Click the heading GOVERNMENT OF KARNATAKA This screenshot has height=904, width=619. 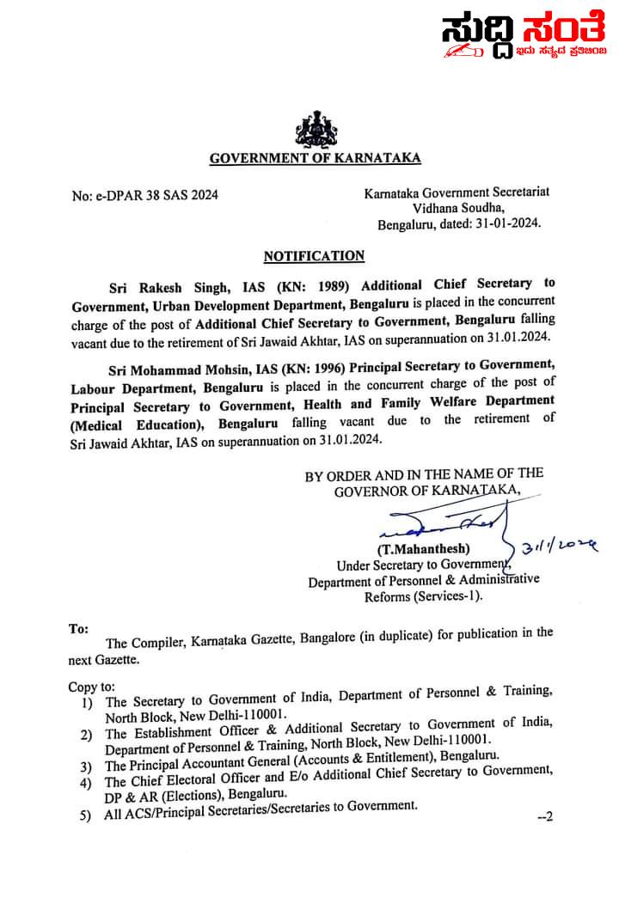pos(316,157)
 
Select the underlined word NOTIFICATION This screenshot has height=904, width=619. pos(314,255)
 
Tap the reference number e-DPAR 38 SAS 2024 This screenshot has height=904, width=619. pos(145,195)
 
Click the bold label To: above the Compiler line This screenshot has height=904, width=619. pos(78,629)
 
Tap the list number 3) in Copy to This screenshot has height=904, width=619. pos(86,766)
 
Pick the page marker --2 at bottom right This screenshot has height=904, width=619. pos(544,816)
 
